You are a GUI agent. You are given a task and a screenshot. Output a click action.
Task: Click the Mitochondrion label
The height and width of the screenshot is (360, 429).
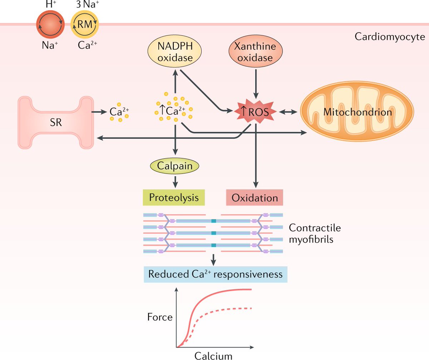point(357,112)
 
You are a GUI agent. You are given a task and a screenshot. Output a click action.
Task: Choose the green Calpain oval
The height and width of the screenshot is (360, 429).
point(175,166)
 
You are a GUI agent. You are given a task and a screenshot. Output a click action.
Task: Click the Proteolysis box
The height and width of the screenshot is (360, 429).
point(174,197)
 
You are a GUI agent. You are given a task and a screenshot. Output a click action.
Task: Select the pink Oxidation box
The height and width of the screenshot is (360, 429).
point(255,197)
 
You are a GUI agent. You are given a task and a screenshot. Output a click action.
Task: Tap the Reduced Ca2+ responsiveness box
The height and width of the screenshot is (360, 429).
point(216,275)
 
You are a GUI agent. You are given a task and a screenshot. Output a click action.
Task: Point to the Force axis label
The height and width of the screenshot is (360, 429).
point(160,317)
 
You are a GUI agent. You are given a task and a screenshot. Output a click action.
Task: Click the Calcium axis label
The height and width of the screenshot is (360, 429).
point(213,355)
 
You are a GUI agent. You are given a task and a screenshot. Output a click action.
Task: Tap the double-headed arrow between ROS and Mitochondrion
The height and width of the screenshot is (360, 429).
point(288,112)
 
